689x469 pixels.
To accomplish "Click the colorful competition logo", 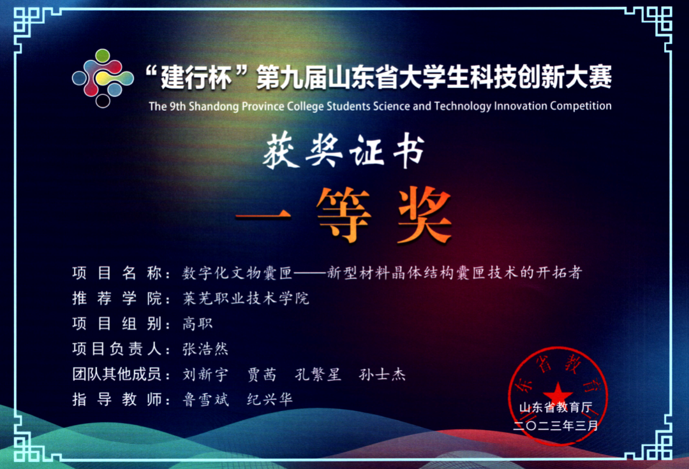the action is tap(103, 78).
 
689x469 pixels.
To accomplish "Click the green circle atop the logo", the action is tap(102, 55).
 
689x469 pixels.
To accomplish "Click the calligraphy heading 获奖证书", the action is tap(344, 151).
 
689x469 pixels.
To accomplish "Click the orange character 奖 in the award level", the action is tap(424, 215).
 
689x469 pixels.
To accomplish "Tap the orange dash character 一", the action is tap(263, 215).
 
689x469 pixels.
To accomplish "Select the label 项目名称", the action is tap(117, 273).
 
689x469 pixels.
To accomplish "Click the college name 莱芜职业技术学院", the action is tap(246, 298).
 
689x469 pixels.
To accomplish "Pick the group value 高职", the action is tap(198, 324).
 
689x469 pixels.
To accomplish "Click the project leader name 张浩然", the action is tap(205, 349).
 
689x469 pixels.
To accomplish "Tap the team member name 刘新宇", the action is tap(205, 374).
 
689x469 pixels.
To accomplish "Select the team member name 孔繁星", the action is tap(318, 374).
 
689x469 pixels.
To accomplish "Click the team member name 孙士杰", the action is tap(382, 374).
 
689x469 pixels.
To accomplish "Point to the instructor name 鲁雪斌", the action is tap(205, 400).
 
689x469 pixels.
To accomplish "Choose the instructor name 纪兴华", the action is tap(270, 400).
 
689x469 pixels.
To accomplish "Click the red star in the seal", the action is tap(558, 392).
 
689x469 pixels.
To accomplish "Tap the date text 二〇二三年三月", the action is tap(556, 426).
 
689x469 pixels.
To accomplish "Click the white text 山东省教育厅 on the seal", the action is tap(556, 408).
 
